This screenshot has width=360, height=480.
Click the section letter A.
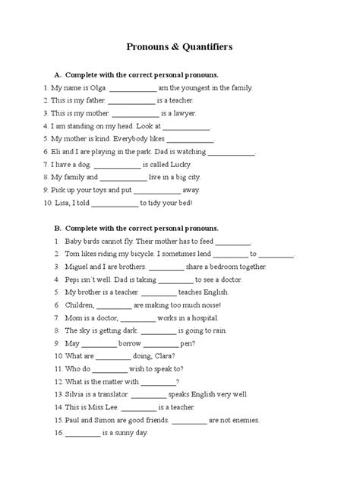pos(56,75)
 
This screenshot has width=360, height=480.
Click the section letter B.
pos(56,228)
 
